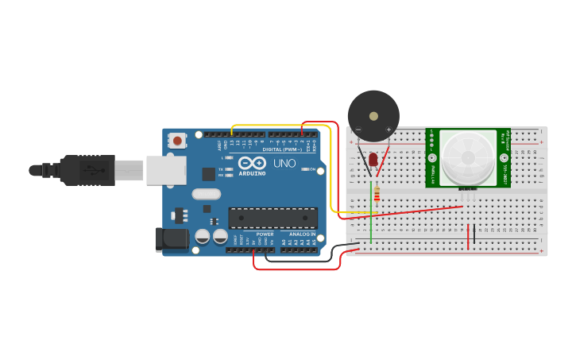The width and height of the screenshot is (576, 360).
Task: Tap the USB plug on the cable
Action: (87, 170)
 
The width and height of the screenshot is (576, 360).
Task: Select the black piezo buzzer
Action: (373, 116)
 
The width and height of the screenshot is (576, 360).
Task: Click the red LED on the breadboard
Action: (373, 161)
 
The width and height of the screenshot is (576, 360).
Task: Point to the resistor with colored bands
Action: (377, 193)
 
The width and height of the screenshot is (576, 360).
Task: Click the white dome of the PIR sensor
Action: (468, 157)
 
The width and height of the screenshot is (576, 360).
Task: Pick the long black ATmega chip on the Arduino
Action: (273, 218)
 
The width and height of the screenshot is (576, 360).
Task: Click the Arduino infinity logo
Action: (251, 162)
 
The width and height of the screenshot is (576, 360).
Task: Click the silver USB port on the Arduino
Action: (166, 170)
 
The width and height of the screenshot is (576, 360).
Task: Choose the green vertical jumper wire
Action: (370, 215)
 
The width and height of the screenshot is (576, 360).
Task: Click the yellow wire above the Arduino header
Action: (278, 126)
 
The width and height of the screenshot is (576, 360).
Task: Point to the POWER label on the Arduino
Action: (265, 234)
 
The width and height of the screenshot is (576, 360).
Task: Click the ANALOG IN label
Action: (301, 234)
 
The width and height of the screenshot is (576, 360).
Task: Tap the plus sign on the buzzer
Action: (389, 130)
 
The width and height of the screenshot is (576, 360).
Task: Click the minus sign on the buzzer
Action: (358, 130)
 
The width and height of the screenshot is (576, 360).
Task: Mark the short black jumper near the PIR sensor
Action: (474, 234)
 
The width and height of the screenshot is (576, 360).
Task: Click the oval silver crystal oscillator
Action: (205, 193)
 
